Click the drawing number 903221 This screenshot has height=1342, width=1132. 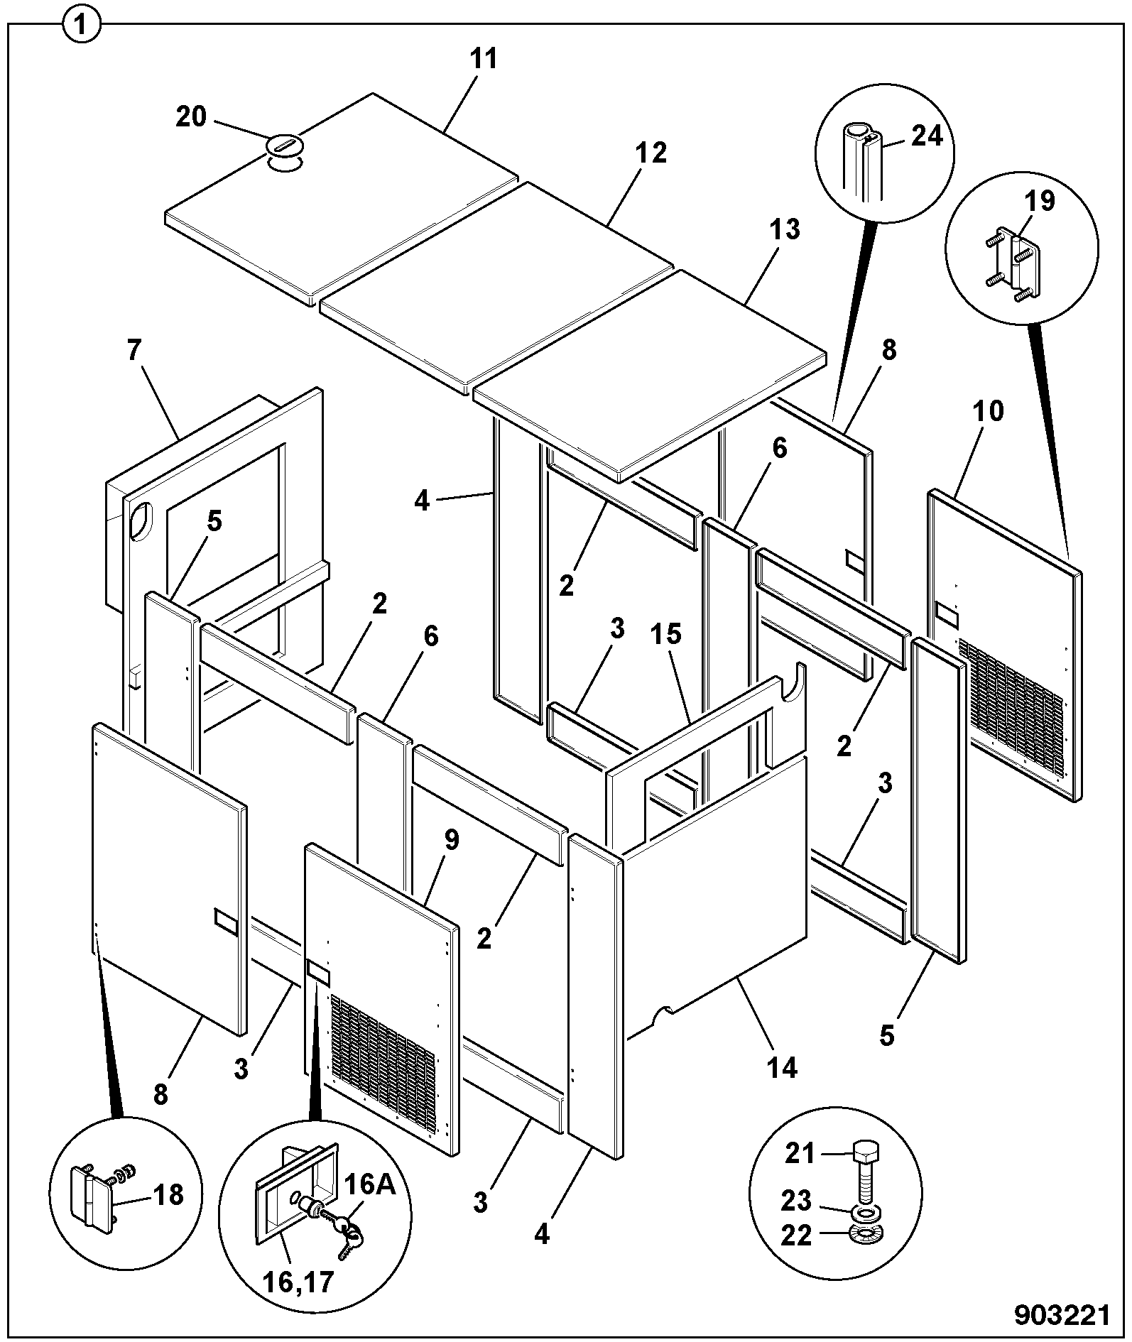pos(1061,1316)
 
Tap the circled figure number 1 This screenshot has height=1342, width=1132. pos(82,26)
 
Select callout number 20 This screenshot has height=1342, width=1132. pos(191,116)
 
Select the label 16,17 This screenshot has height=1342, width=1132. pos(298,1282)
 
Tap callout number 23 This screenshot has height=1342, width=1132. pos(796,1200)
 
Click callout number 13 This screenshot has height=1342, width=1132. pos(784,229)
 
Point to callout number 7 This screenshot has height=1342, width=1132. pos(134,349)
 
